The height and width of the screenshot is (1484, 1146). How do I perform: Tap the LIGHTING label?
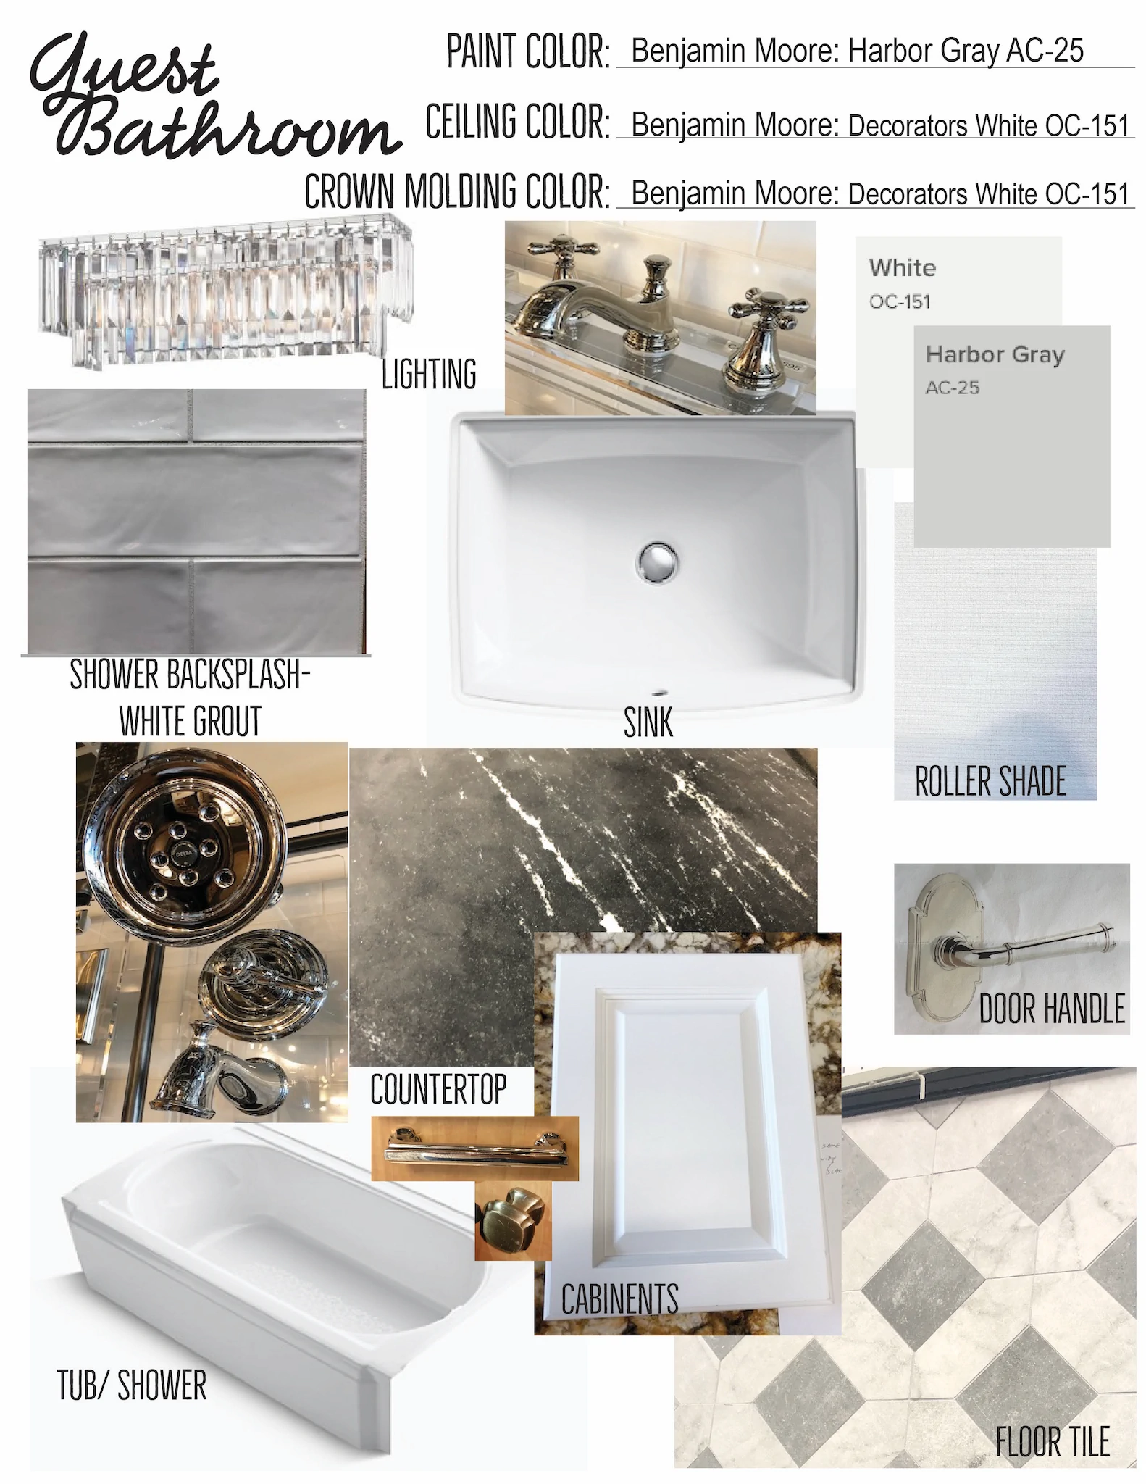point(429,374)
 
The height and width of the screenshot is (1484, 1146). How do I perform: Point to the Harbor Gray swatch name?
point(995,354)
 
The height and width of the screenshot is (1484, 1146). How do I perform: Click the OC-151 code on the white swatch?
point(900,301)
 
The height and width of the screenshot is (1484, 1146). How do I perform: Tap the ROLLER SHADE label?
point(990,781)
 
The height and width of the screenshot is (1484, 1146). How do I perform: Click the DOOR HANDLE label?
point(1052,1009)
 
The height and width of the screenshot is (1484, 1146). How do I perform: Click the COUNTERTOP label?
point(438,1089)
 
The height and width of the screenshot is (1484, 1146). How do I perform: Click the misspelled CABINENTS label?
point(619,1298)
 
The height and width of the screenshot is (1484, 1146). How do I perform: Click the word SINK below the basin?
point(648,722)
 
